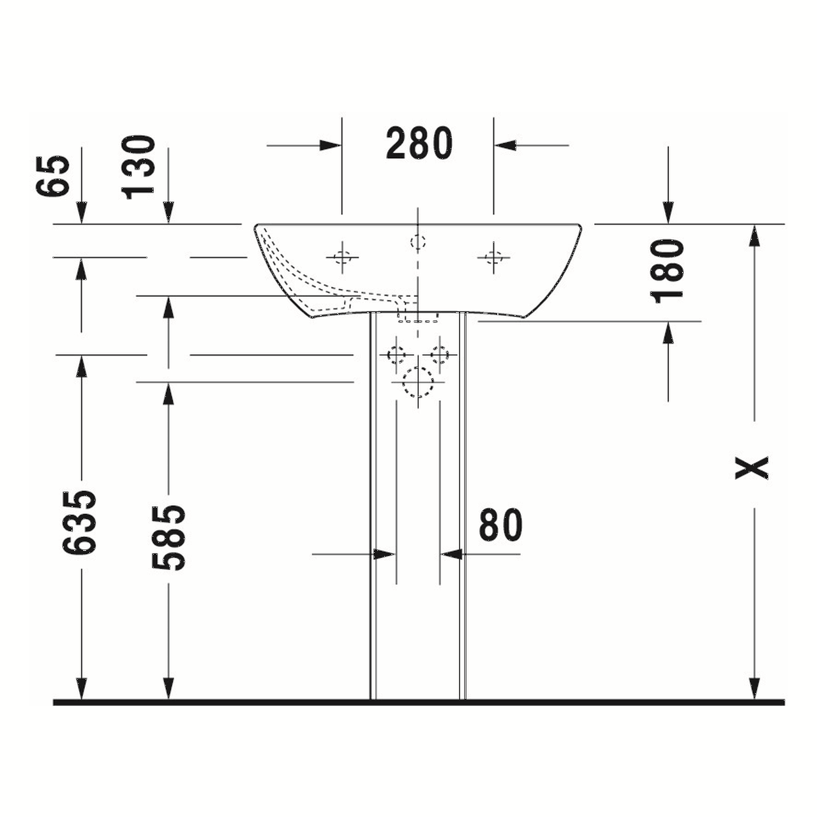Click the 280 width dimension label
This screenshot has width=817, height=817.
(419, 144)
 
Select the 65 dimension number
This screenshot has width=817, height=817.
(54, 176)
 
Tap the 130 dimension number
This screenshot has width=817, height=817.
(140, 167)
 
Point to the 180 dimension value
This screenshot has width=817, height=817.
(668, 271)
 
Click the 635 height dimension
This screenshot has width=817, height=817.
(80, 522)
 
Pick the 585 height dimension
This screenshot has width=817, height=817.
(169, 537)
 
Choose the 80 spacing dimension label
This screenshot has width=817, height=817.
(501, 525)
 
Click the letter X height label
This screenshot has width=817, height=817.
(753, 467)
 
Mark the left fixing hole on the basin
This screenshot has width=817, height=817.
(343, 257)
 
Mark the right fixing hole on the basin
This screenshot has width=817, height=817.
(493, 257)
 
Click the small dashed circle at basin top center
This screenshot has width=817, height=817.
(418, 242)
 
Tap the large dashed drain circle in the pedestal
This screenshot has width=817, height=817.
(418, 382)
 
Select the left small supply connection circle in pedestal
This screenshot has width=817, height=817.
(396, 354)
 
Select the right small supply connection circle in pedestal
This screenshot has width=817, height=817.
(440, 354)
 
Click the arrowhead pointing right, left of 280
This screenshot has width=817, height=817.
(331, 146)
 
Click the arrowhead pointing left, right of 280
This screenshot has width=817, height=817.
(505, 146)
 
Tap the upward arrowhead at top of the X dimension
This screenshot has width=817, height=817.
(754, 236)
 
